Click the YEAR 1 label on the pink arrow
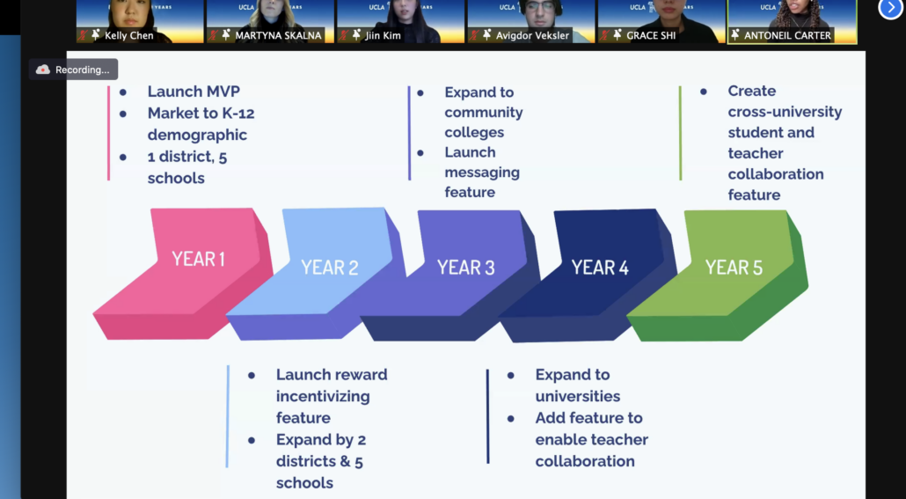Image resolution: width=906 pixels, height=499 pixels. click(198, 259)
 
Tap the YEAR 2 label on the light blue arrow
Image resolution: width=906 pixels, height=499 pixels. click(329, 268)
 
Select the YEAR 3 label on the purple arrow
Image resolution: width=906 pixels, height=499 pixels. click(465, 268)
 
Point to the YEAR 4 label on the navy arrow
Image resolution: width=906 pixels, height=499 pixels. click(600, 268)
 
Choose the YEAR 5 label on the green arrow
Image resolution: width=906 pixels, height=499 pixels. click(734, 268)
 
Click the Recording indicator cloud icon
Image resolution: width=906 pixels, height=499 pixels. click(43, 70)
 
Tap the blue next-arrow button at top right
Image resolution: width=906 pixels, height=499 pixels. click(890, 8)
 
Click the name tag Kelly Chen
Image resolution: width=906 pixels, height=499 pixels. click(128, 35)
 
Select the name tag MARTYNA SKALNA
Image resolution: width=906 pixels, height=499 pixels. click(278, 35)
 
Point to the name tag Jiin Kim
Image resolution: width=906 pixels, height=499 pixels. click(383, 35)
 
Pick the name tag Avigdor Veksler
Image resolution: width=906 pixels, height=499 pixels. click(532, 35)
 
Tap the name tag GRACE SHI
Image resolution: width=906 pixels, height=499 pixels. click(651, 35)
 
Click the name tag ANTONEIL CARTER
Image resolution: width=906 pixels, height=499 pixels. click(787, 35)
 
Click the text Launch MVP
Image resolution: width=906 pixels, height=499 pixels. click(194, 92)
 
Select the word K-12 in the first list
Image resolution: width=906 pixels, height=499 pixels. click(237, 114)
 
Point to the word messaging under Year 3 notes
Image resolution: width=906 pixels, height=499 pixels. click(482, 172)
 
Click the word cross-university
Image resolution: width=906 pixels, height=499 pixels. click(785, 112)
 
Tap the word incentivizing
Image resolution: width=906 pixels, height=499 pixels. click(323, 396)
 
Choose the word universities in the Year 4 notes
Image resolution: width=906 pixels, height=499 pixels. click(577, 396)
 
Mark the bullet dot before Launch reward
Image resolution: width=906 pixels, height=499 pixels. click(252, 375)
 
